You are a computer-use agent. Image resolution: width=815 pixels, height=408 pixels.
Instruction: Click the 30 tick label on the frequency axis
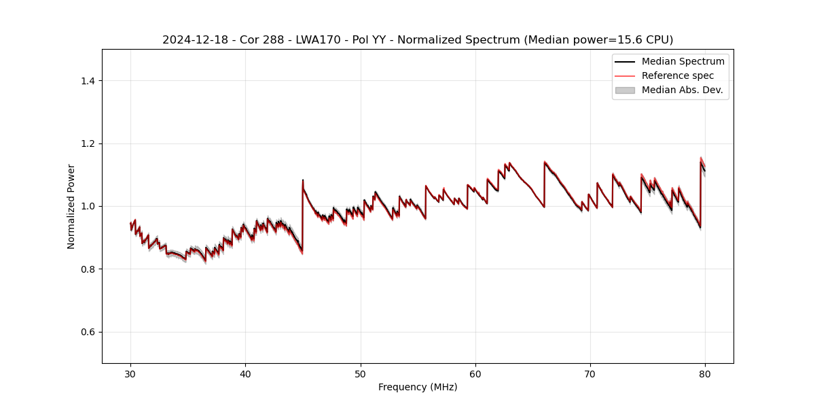pyautogui.click(x=130, y=373)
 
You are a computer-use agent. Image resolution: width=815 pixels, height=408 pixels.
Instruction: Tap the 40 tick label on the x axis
pyautogui.click(x=245, y=373)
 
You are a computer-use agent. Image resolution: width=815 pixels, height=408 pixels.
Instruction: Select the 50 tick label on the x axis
pyautogui.click(x=361, y=373)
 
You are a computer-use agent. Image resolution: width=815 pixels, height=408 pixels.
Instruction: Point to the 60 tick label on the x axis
pyautogui.click(x=475, y=373)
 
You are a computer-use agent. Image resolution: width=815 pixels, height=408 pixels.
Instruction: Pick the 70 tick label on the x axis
pyautogui.click(x=590, y=373)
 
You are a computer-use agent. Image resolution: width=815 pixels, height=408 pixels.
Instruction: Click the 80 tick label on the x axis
pyautogui.click(x=705, y=373)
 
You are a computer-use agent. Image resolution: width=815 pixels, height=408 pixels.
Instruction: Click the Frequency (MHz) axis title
pyautogui.click(x=418, y=387)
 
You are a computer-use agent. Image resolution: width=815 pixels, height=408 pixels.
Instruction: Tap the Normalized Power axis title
pyautogui.click(x=71, y=206)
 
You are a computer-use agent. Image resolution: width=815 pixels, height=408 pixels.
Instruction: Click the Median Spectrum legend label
pyautogui.click(x=683, y=61)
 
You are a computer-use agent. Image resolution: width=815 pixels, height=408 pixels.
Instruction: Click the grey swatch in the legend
pyautogui.click(x=625, y=90)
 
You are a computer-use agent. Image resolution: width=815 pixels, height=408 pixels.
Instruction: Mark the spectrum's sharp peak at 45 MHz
pyautogui.click(x=303, y=180)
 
